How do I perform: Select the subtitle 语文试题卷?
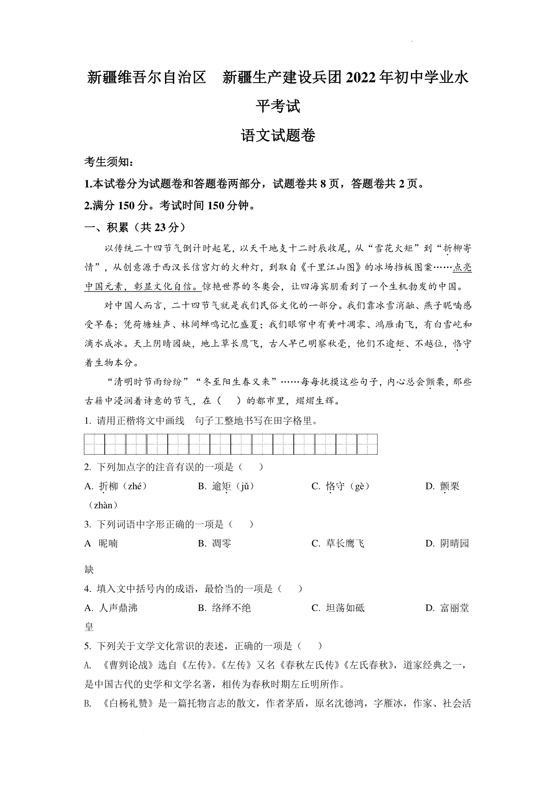(x=278, y=135)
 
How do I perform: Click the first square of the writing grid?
(x=95, y=444)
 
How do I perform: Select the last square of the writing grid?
(x=367, y=444)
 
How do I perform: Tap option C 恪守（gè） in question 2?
(x=341, y=486)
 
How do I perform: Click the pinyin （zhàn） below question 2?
(x=103, y=505)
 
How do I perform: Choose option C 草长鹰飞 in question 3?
(x=338, y=543)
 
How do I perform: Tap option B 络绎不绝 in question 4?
(x=224, y=608)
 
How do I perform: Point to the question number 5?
(x=87, y=646)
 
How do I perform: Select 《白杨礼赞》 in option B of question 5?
(x=126, y=704)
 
